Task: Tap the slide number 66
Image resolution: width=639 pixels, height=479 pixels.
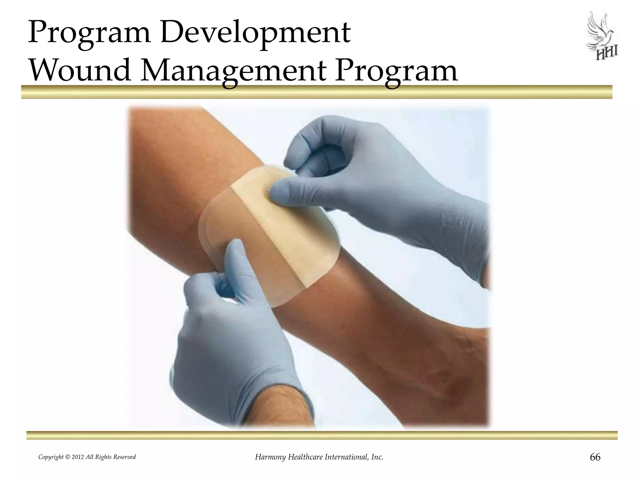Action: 595,457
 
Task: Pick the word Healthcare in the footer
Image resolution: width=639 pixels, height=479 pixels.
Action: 305,457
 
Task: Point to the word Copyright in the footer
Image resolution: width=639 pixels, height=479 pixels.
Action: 51,457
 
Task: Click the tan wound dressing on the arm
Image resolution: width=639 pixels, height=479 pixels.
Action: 268,237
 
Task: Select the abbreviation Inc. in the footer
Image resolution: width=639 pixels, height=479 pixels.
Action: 378,457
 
